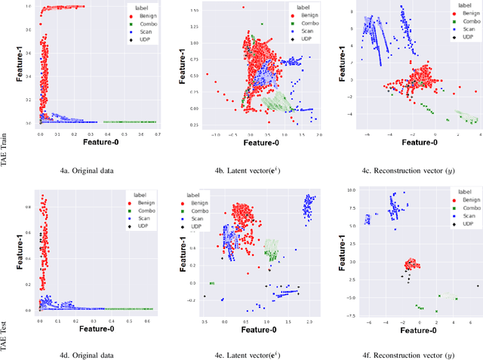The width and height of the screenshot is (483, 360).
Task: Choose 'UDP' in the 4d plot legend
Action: coord(143,223)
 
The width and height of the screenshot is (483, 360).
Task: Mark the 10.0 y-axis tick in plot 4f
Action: coord(349,191)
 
